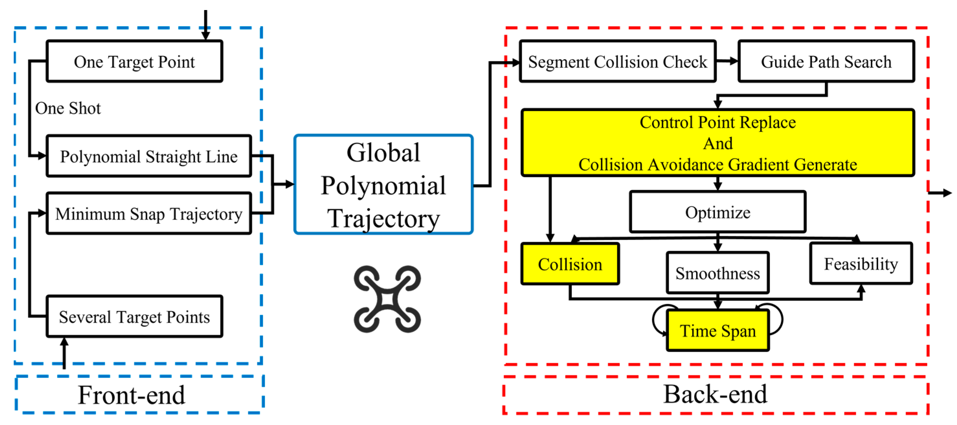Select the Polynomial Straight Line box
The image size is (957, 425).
149,156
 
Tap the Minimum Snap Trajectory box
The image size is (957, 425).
149,214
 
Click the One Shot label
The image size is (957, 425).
68,108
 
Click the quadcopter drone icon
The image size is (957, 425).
387,299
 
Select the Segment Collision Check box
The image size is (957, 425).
618,61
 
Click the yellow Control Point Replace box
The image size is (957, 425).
718,143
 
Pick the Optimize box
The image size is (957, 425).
718,212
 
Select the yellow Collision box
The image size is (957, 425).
570,264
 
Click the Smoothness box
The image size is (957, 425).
718,273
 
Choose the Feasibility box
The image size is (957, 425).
861,264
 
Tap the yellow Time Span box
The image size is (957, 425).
718,330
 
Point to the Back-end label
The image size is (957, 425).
715,394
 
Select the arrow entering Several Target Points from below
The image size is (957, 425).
64,353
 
